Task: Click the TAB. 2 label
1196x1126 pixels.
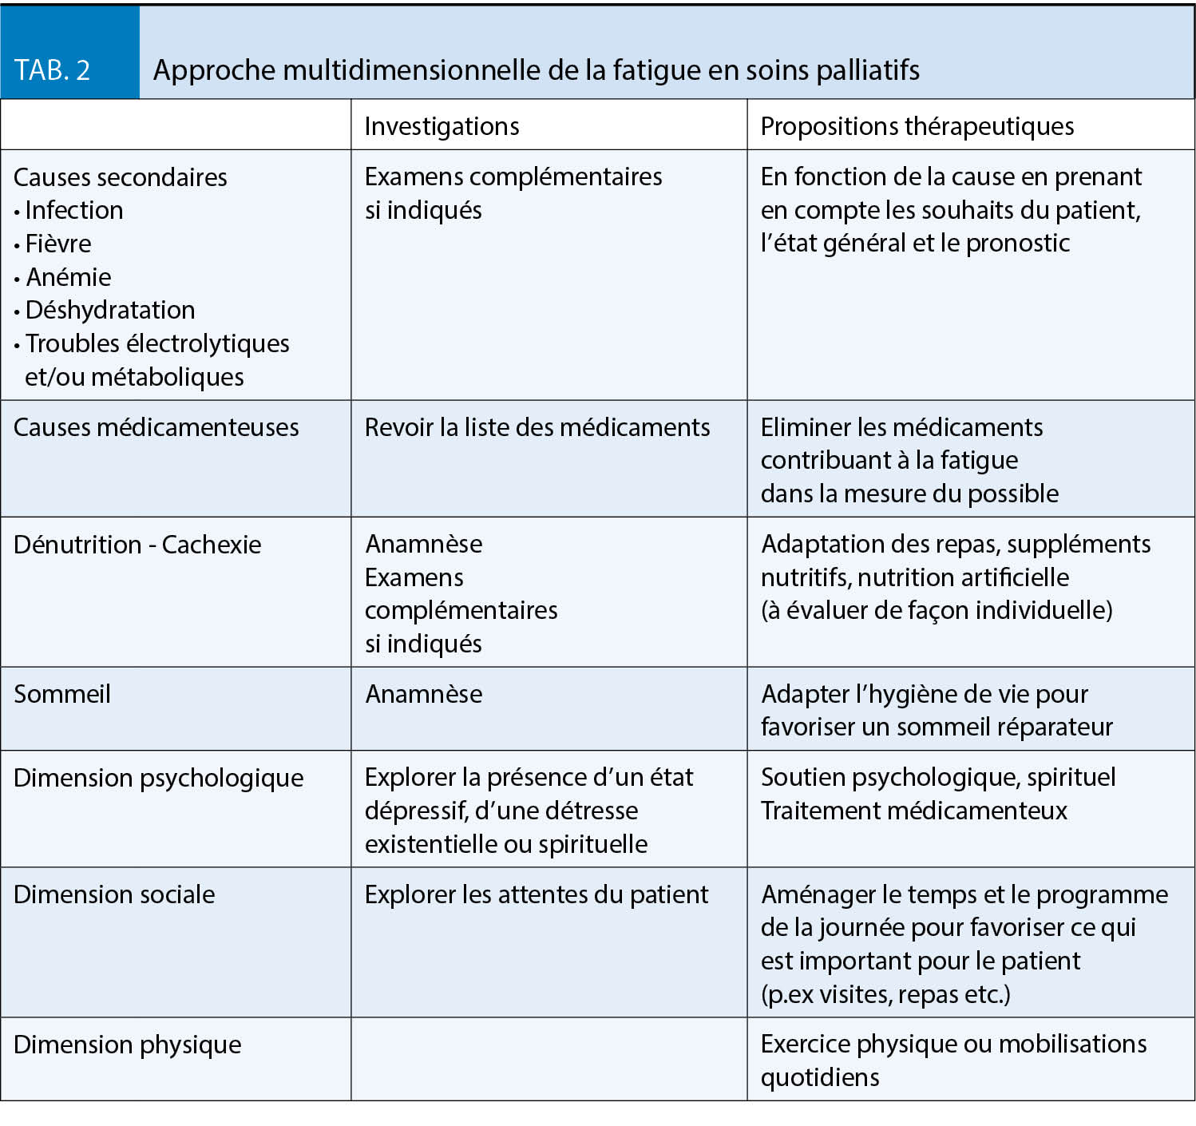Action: pos(52,70)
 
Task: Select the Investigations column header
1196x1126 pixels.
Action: pos(442,126)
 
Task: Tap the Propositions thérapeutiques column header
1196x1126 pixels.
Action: pos(917,126)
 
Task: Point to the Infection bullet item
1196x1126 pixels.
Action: pos(74,210)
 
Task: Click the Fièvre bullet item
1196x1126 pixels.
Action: pos(58,244)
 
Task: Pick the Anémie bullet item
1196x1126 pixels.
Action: pos(69,277)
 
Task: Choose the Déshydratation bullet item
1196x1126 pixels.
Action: pos(110,310)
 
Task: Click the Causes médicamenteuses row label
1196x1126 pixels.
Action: pos(156,427)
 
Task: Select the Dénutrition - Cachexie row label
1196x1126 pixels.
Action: pos(137,545)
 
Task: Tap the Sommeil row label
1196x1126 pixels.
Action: pos(62,694)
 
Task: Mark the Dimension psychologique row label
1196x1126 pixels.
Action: pos(158,778)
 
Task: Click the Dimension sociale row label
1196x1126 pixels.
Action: pos(114,894)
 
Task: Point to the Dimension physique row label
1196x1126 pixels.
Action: pos(127,1045)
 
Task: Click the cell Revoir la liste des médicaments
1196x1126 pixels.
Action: pos(537,427)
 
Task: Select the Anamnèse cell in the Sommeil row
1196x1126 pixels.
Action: pos(423,694)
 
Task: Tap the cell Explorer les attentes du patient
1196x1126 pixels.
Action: pos(536,894)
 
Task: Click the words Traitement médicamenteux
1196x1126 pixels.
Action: pos(913,811)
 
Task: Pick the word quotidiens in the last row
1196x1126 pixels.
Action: pos(820,1077)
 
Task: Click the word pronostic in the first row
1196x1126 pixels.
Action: pos(1018,243)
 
